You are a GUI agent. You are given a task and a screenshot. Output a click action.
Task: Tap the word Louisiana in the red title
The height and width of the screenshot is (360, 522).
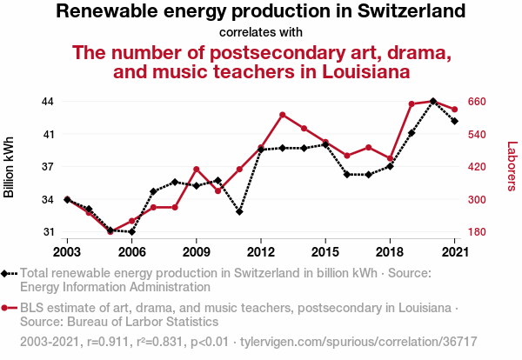354,71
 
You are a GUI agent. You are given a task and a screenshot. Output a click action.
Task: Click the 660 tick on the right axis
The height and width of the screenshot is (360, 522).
483,102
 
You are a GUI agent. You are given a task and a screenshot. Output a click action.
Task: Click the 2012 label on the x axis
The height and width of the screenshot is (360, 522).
261,252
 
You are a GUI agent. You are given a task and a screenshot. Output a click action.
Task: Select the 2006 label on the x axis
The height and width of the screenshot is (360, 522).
131,252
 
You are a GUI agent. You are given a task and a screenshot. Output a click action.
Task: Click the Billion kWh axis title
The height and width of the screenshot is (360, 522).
10,166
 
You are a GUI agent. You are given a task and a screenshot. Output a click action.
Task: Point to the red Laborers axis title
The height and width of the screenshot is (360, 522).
512,167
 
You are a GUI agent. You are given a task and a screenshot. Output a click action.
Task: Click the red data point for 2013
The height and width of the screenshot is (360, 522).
283,115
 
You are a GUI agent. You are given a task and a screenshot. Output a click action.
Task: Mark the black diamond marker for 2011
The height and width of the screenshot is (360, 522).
239,211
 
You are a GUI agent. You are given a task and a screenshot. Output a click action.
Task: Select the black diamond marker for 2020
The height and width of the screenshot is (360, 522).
433,102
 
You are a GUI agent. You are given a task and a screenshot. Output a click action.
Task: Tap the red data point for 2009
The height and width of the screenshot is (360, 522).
197,169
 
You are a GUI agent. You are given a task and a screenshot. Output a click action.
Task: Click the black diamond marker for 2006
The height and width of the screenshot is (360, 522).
131,232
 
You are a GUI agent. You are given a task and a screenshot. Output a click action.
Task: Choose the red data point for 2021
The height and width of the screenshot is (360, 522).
454,110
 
